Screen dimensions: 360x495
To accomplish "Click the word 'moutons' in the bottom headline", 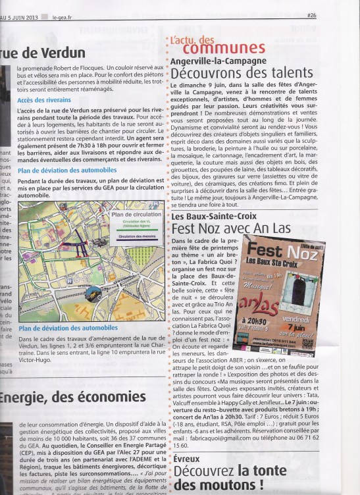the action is (205, 486).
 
